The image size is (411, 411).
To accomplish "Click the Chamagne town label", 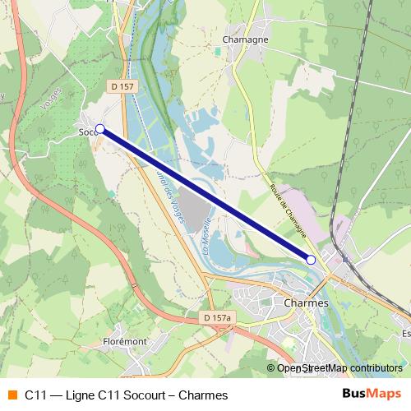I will tap(246, 39).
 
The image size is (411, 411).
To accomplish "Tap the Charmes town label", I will tap(305, 302).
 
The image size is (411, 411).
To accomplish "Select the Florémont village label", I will tap(124, 340).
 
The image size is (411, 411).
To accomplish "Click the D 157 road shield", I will tap(126, 85).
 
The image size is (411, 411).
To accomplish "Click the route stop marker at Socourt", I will tap(100, 129).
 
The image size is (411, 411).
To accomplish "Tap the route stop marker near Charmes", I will tap(311, 260).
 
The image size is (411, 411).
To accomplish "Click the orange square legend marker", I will tap(12, 395).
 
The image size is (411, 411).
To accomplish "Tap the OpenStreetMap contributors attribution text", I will tap(339, 367).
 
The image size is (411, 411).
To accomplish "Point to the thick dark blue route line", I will tap(205, 195).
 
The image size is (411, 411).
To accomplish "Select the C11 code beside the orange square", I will tap(35, 395).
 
